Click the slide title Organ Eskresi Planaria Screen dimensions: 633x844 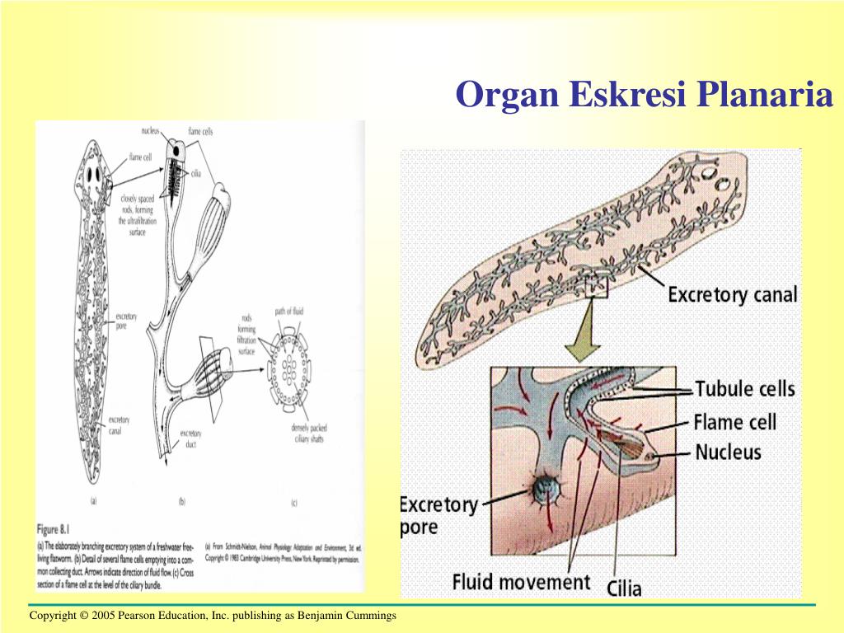tap(645, 95)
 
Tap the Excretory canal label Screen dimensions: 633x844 tap(732, 294)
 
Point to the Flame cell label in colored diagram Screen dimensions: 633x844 tap(735, 422)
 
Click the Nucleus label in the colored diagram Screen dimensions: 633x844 tap(728, 452)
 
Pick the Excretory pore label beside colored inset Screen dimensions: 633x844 tap(438, 515)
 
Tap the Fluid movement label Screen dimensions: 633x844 tap(521, 582)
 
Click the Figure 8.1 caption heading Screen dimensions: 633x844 tap(59, 529)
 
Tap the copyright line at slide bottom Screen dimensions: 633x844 tap(213, 616)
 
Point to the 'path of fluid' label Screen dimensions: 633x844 tap(289, 312)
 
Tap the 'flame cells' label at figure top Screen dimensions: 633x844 tap(200, 132)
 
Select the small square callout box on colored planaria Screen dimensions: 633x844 tap(596, 285)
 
